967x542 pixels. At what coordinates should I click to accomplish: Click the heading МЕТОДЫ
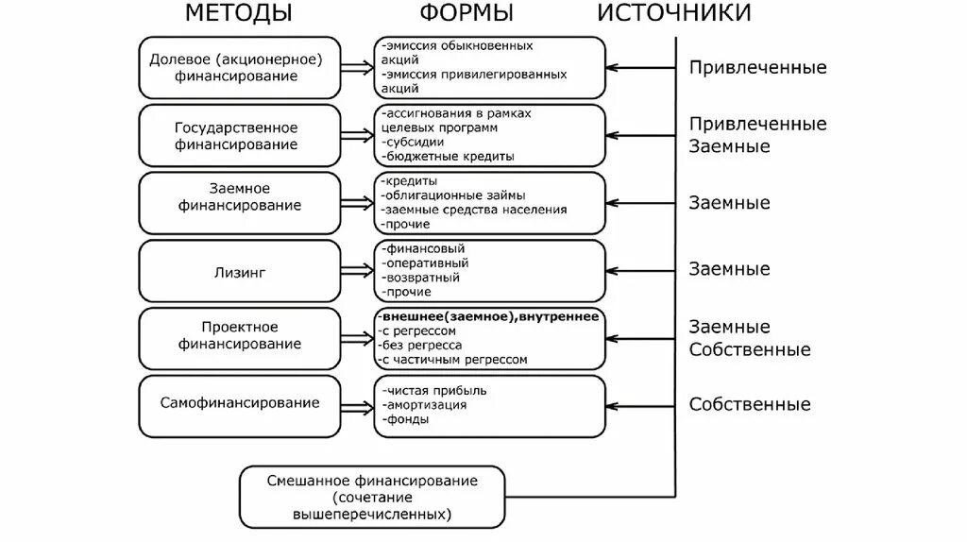[238, 13]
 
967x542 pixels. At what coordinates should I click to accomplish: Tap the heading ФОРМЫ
[467, 13]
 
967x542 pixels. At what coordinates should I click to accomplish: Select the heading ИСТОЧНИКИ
[674, 13]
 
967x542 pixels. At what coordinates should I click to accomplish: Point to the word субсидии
[416, 142]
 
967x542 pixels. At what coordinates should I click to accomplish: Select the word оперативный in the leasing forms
[426, 263]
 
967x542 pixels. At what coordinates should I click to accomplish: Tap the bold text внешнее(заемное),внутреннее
[488, 317]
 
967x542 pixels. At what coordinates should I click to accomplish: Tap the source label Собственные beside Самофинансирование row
[749, 405]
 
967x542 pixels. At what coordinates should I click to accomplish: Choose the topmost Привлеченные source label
[757, 68]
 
